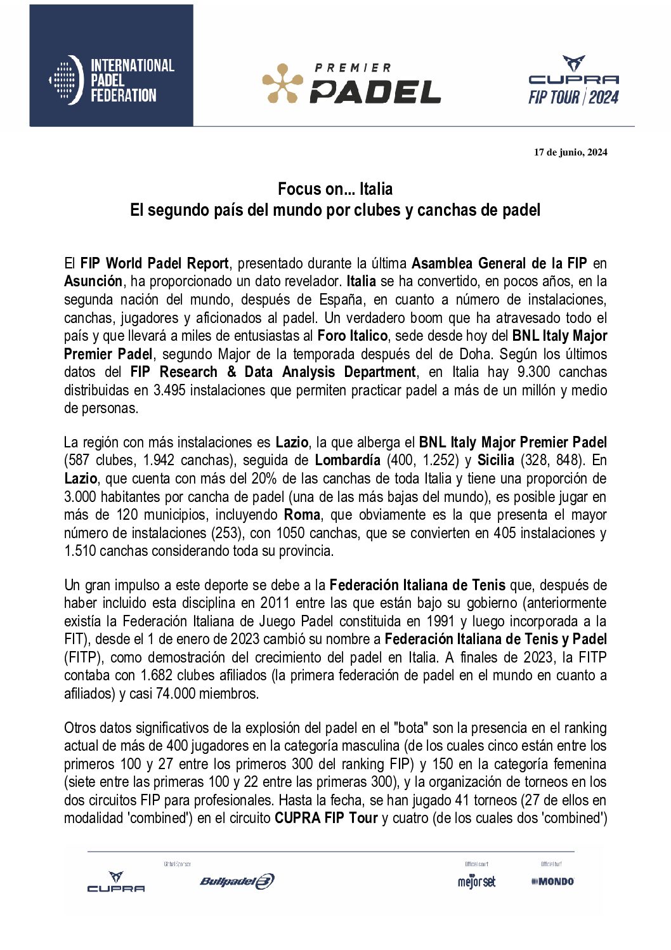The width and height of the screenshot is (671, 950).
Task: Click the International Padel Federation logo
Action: [112, 80]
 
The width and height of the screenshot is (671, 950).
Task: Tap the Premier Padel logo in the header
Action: [351, 83]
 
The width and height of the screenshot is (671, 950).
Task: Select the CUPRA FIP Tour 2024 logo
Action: [573, 81]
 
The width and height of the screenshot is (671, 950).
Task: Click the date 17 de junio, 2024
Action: [570, 152]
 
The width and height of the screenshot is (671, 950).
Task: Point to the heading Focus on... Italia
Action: [335, 189]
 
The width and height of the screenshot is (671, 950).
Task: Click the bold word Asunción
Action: [93, 281]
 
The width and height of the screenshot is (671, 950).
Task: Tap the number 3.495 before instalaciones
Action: [169, 390]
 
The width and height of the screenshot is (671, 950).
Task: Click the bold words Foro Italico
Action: [352, 336]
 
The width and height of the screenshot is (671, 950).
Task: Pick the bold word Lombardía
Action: [347, 460]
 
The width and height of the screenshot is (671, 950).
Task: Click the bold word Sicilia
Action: [495, 460]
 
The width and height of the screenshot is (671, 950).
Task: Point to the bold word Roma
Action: [302, 515]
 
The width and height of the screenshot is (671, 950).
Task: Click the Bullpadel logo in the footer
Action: [237, 881]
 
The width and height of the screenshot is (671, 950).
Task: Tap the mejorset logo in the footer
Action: [476, 881]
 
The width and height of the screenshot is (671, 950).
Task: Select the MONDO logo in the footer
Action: [552, 881]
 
